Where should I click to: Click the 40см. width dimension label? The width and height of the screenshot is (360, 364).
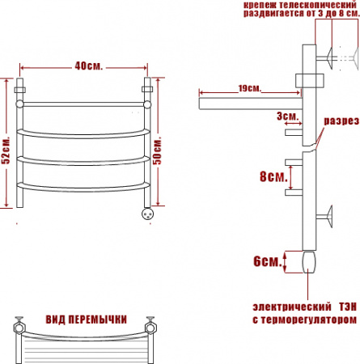pyautogui.click(x=89, y=66)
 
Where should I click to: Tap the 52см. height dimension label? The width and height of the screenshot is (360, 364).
pyautogui.click(x=6, y=150)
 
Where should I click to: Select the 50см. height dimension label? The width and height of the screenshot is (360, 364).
pyautogui.click(x=157, y=150)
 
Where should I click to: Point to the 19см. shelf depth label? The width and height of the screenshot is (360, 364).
pyautogui.click(x=250, y=88)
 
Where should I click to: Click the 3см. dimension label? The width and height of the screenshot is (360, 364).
pyautogui.click(x=288, y=116)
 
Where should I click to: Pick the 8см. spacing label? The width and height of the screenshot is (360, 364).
pyautogui.click(x=273, y=176)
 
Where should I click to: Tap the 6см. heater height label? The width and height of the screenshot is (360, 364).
pyautogui.click(x=268, y=261)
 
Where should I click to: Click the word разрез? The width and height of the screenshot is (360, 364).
pyautogui.click(x=341, y=121)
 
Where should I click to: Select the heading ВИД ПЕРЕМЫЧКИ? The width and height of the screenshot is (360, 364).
pyautogui.click(x=86, y=320)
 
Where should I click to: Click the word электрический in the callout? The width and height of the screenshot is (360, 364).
pyautogui.click(x=292, y=307)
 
